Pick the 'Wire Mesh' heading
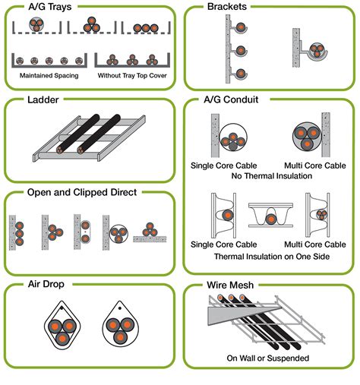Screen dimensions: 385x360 coord(231,286)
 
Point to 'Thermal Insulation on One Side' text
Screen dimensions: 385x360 coord(270,257)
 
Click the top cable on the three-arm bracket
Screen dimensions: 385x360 coord(241,27)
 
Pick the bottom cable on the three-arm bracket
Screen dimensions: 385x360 coord(241,74)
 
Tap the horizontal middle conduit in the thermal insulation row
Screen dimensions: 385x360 coord(270,219)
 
